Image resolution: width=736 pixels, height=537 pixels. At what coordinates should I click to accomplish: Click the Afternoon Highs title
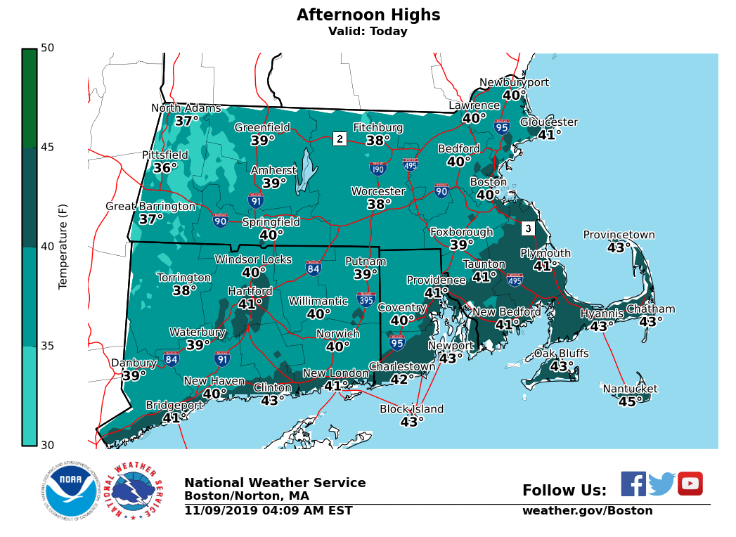[368, 15]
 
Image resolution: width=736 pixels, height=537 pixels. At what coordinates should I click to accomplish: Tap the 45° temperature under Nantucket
[630, 402]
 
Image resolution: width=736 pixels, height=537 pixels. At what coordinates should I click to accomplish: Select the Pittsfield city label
[165, 155]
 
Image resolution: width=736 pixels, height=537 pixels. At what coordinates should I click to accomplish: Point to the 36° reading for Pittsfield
[165, 169]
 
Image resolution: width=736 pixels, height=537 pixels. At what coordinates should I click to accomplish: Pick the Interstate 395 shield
[366, 299]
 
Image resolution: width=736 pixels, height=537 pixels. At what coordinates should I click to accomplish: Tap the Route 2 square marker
[340, 138]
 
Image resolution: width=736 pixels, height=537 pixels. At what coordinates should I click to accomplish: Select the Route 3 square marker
[528, 228]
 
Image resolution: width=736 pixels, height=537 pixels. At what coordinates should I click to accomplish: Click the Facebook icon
[633, 484]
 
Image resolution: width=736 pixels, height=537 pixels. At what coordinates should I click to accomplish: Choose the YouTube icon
[690, 484]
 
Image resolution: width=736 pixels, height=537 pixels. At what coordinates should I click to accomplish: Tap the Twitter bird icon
[661, 484]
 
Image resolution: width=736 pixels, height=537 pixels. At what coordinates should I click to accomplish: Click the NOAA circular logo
[69, 491]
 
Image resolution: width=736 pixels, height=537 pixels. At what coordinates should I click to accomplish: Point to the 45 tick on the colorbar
[48, 148]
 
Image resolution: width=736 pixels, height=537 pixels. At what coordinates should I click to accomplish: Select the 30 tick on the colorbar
[48, 445]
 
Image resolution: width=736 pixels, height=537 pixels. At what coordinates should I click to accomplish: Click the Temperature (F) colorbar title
[63, 246]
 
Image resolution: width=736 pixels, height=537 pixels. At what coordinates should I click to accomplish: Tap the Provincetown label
[619, 235]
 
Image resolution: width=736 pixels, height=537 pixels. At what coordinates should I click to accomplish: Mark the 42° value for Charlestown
[402, 380]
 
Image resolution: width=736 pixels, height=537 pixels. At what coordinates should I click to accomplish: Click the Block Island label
[411, 409]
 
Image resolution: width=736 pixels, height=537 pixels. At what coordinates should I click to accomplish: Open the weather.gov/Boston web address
[587, 511]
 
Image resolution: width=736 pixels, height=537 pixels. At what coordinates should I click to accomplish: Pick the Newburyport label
[514, 83]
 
